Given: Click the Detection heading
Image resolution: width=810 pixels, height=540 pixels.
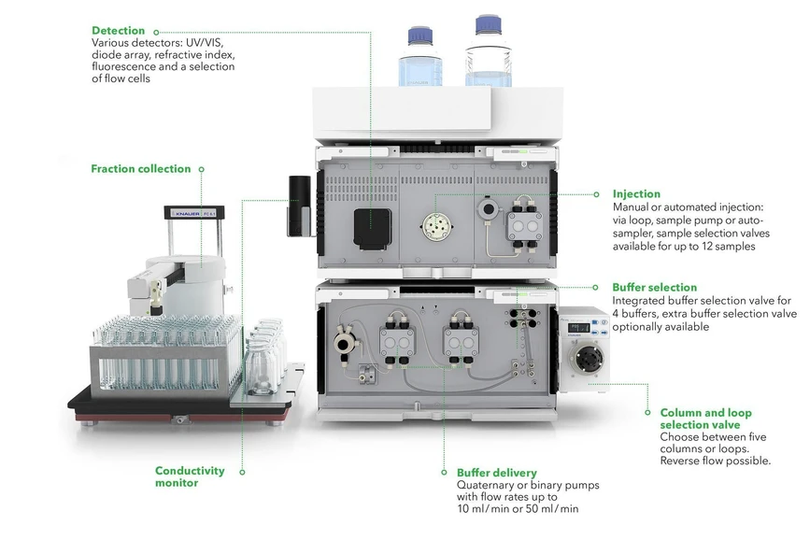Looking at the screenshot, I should [x=118, y=31].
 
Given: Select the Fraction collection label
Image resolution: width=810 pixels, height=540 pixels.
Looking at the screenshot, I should [x=140, y=169].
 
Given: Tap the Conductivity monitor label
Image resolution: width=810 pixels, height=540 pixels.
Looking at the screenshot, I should [x=190, y=476].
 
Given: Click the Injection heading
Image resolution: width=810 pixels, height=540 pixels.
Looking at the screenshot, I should [x=636, y=194].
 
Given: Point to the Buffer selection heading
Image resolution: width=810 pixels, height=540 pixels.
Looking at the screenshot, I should [x=654, y=288].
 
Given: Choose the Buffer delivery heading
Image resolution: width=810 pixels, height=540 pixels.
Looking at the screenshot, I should [x=496, y=473].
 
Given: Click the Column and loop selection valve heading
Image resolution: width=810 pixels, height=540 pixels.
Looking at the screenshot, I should [x=705, y=419].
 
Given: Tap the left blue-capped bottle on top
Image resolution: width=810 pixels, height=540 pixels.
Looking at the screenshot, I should [x=417, y=59].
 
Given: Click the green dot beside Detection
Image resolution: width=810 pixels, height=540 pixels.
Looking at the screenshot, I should [x=156, y=31].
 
